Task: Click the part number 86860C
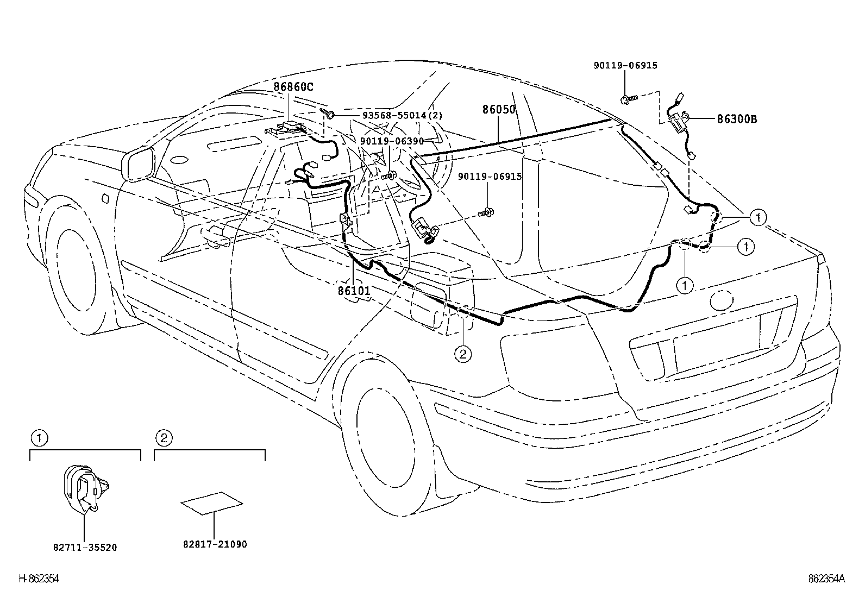point(293,86)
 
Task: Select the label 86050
point(499,109)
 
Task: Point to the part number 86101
point(354,291)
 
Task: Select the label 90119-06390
point(392,140)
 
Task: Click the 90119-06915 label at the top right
point(625,66)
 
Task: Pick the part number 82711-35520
point(85,548)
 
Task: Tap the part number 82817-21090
point(215,544)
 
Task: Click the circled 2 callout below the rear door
point(462,355)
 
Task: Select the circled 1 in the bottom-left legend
point(38,437)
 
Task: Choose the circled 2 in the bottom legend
point(164,437)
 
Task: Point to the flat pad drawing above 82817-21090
point(212,502)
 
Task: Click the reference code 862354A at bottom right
point(826,579)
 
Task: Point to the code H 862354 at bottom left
point(39,579)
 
